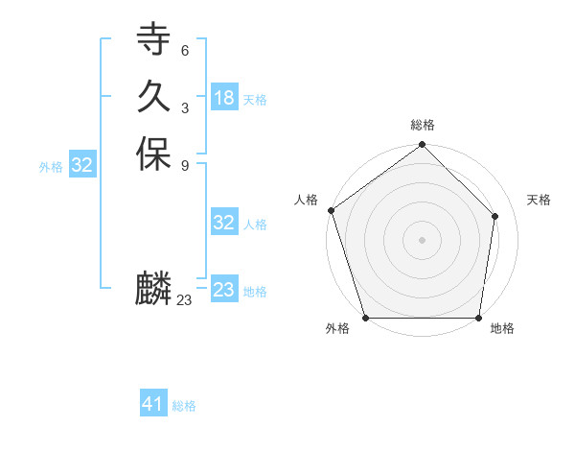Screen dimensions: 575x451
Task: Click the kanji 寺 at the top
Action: pyautogui.click(x=153, y=40)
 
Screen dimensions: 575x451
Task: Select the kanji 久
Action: pyautogui.click(x=153, y=97)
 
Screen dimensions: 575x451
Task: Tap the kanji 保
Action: pyautogui.click(x=153, y=154)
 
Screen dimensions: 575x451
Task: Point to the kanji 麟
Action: pyautogui.click(x=153, y=289)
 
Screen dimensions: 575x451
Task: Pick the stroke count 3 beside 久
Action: pyautogui.click(x=185, y=107)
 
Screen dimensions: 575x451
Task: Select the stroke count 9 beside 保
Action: pyautogui.click(x=185, y=165)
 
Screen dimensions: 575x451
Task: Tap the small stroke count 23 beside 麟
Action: pyautogui.click(x=185, y=300)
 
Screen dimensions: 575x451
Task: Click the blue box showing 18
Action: pyautogui.click(x=224, y=98)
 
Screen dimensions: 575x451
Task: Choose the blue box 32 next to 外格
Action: pyautogui.click(x=82, y=165)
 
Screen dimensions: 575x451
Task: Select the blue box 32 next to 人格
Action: pyautogui.click(x=224, y=223)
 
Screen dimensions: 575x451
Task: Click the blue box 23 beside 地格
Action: pyautogui.click(x=224, y=290)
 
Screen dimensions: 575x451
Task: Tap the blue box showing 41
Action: pyautogui.click(x=153, y=405)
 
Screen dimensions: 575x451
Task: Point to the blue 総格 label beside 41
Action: pyautogui.click(x=184, y=406)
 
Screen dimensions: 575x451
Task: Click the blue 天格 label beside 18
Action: pyautogui.click(x=255, y=99)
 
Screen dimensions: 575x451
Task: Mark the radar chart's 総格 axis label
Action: pyautogui.click(x=423, y=125)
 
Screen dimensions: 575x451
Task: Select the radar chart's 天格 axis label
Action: pyautogui.click(x=539, y=200)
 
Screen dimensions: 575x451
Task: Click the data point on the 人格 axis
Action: pyautogui.click(x=331, y=210)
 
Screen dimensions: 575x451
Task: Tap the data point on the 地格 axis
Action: pyautogui.click(x=479, y=318)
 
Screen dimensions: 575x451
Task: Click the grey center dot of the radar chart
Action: pyautogui.click(x=423, y=240)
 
